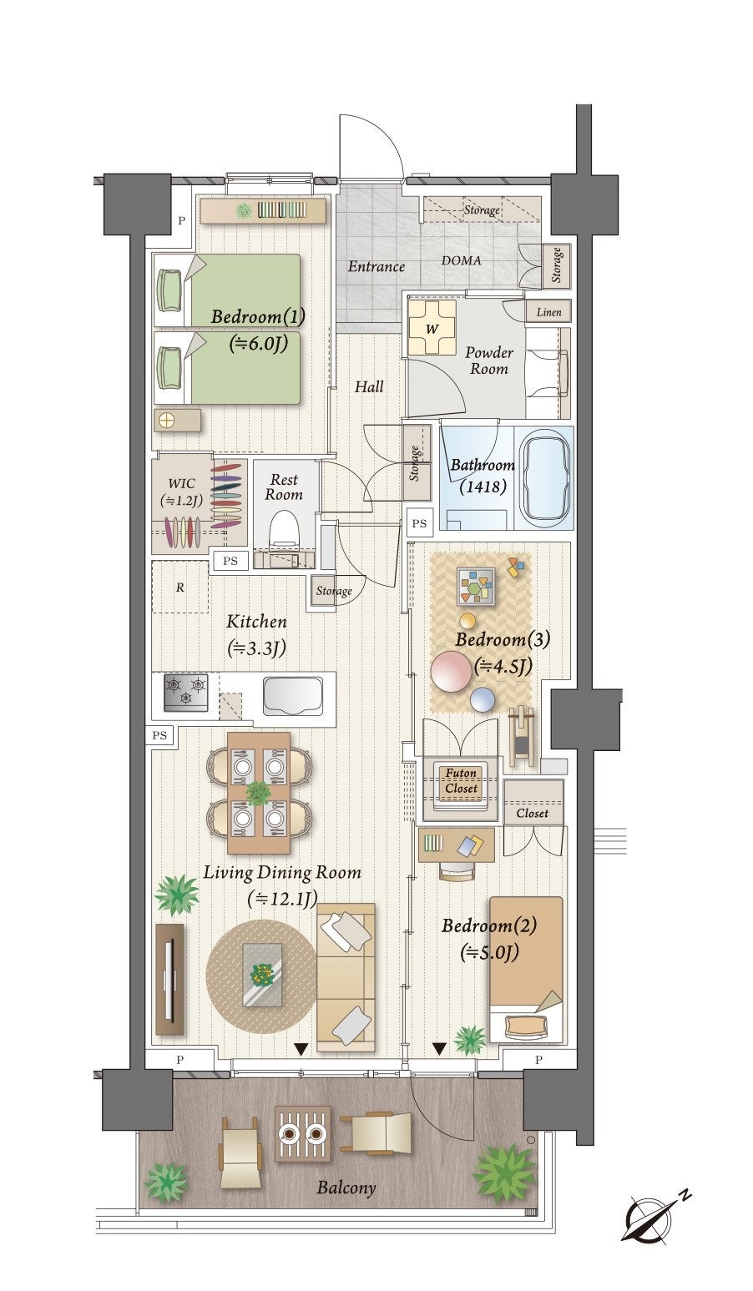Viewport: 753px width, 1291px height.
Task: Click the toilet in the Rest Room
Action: pyautogui.click(x=284, y=532)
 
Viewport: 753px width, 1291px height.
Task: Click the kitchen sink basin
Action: pyautogui.click(x=292, y=695)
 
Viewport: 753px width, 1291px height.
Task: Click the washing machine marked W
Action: pyautogui.click(x=431, y=327)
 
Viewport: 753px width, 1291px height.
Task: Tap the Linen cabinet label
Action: pyautogui.click(x=549, y=312)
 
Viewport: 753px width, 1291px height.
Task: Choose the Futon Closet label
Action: pyautogui.click(x=461, y=780)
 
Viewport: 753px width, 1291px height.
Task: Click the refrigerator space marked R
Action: pyautogui.click(x=180, y=587)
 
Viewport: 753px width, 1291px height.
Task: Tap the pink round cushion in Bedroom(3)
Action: pyautogui.click(x=450, y=671)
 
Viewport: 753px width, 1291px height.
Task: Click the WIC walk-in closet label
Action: pyautogui.click(x=181, y=492)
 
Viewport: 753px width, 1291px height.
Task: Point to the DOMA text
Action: pyautogui.click(x=462, y=260)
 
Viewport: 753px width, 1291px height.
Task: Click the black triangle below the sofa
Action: pyautogui.click(x=301, y=1048)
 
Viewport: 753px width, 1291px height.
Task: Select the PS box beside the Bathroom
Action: pyautogui.click(x=419, y=522)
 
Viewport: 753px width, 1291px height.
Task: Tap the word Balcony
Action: pyautogui.click(x=346, y=1188)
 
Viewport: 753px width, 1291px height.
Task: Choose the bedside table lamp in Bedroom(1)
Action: pyautogui.click(x=167, y=420)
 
